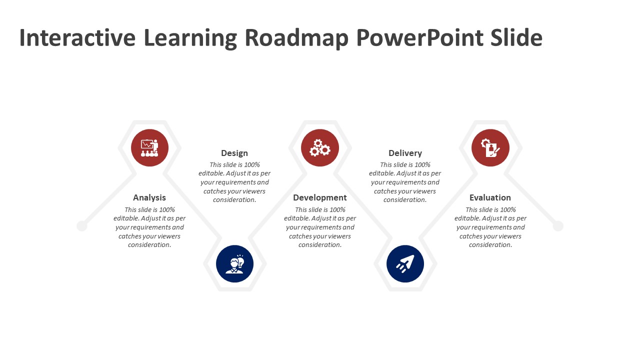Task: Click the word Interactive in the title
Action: point(77,38)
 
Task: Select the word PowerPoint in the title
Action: point(421,38)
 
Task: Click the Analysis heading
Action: point(149,197)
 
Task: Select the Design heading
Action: point(234,153)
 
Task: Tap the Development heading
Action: point(320,197)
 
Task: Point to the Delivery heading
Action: point(405,153)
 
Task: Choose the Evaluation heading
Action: point(490,197)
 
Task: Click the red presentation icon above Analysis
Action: point(149,148)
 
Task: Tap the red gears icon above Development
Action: point(320,148)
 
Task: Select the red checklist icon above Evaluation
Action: point(490,148)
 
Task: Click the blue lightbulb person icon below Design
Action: point(234,263)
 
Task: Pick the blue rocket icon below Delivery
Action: point(405,263)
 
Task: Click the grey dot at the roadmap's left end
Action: point(82,226)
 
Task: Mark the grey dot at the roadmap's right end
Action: point(558,226)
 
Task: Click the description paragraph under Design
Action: point(234,182)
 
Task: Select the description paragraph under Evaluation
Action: point(490,227)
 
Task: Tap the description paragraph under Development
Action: point(320,227)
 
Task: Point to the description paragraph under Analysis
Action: point(149,227)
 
